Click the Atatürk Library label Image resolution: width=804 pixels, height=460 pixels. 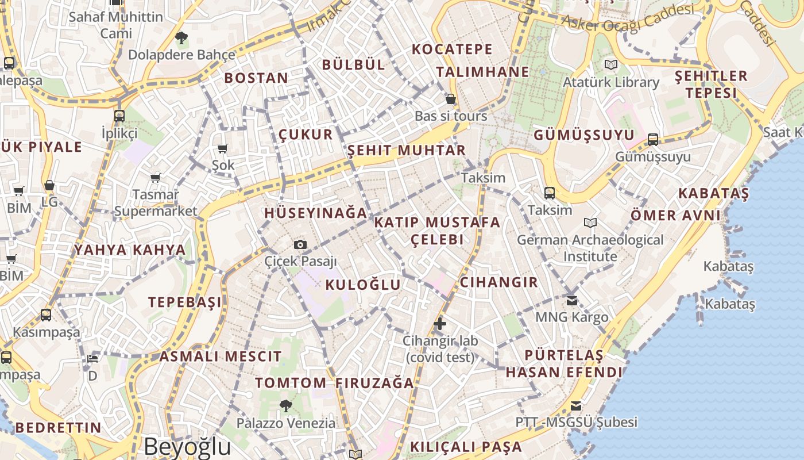coord(611,82)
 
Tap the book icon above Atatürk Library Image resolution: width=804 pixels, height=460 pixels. coord(610,65)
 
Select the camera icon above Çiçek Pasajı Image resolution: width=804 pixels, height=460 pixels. coord(300,244)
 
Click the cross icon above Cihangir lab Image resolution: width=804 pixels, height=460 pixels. coord(440,324)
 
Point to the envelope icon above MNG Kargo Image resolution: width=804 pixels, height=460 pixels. coord(572,300)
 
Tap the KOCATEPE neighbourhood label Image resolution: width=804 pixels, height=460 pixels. coord(453,49)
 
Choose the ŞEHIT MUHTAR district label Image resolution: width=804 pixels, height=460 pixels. coord(407,151)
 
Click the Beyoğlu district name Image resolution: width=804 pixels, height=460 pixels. coord(187,446)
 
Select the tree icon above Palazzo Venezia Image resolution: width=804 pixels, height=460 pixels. coord(286,406)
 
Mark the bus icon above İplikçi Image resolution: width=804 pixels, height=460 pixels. coord(119,116)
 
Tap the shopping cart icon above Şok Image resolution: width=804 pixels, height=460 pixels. coord(223,148)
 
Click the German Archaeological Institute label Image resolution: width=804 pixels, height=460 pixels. coord(590,248)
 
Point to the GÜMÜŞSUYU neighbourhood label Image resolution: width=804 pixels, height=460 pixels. coord(584,136)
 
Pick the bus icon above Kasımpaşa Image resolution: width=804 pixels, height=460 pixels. coord(46,315)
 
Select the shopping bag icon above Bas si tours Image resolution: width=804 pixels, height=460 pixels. coord(451,99)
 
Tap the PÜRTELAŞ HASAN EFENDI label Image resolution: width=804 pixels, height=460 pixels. coord(565,363)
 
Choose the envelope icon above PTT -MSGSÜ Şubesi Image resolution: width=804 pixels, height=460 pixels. coord(576,406)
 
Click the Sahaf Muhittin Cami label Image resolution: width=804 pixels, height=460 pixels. coord(116,25)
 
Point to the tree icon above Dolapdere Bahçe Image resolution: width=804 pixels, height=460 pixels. coord(181,39)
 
